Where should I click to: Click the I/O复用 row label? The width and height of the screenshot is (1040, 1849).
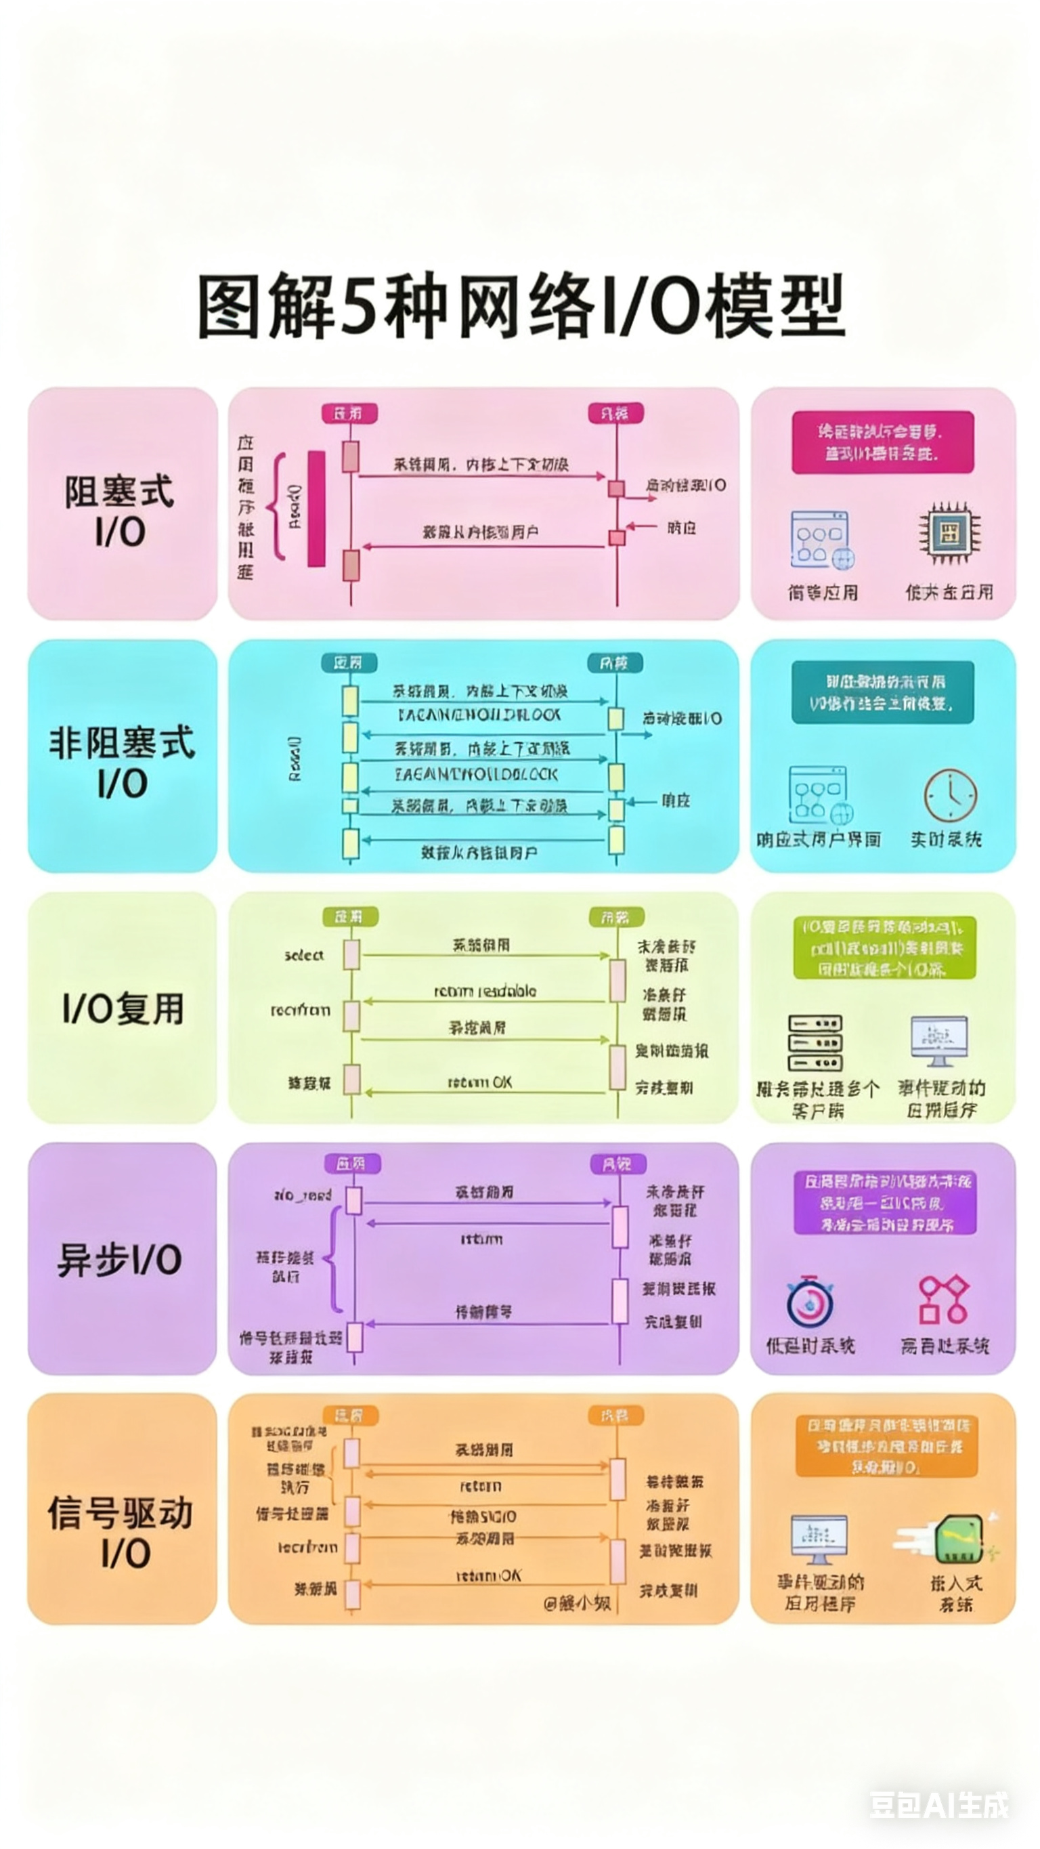(x=123, y=1008)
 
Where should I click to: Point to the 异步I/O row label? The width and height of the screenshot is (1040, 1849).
(x=120, y=1260)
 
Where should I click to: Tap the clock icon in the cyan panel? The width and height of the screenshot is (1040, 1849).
(x=949, y=794)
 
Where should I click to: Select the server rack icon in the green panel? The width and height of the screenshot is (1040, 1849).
(x=815, y=1042)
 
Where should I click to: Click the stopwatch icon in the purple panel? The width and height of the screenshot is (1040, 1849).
(x=810, y=1300)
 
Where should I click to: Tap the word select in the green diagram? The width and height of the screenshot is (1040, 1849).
(x=303, y=956)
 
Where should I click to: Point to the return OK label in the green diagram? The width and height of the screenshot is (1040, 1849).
(x=479, y=1082)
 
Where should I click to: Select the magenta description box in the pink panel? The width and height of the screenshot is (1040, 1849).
(x=882, y=442)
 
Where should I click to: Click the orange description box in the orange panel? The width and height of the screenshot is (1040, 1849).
(x=886, y=1445)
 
